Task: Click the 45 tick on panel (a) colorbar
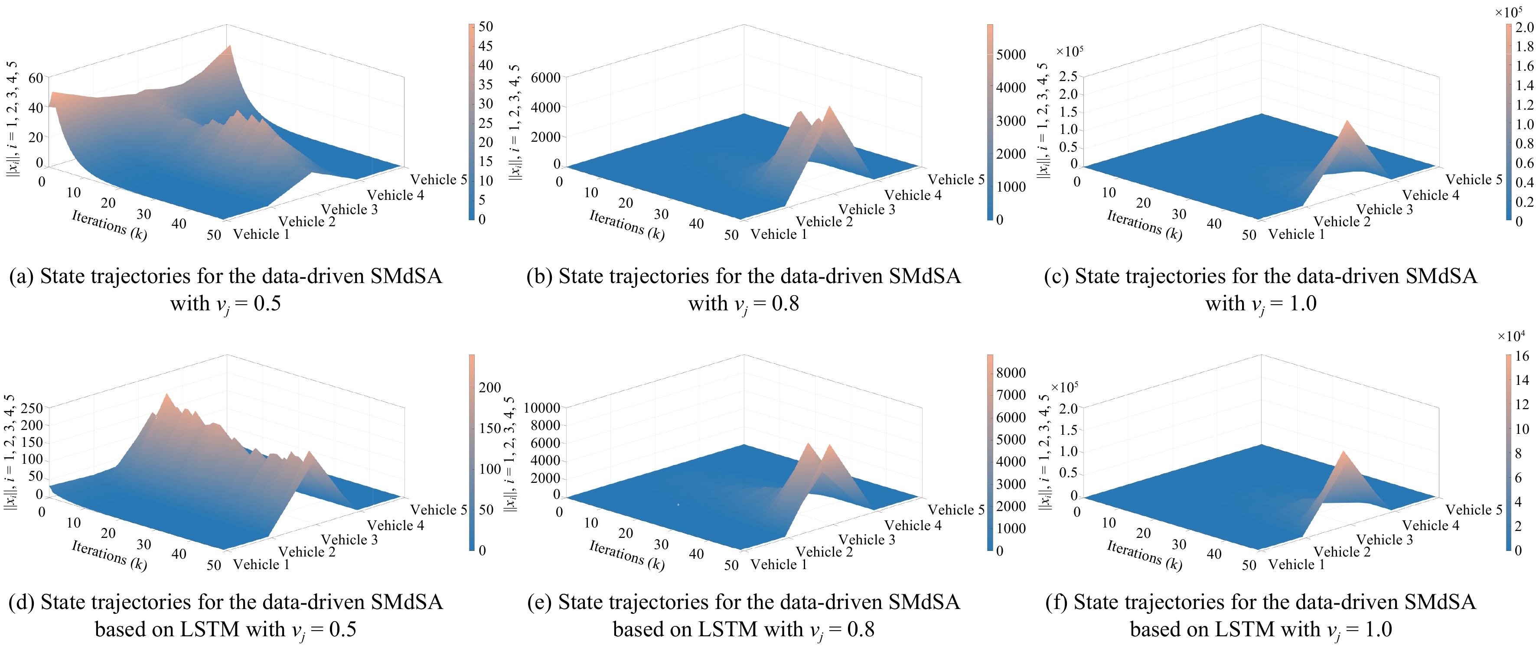click(x=486, y=46)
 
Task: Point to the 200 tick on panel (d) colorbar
click(x=489, y=387)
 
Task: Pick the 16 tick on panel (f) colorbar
click(x=1522, y=356)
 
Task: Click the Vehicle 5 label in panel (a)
click(x=438, y=179)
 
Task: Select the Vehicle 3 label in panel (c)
click(x=1385, y=209)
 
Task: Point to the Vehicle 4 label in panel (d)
click(x=395, y=525)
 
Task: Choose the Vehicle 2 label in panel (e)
click(x=824, y=552)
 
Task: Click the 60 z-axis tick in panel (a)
click(x=36, y=78)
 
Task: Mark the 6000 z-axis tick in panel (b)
click(x=545, y=78)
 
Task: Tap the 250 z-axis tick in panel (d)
click(x=32, y=408)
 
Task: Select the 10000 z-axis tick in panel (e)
click(x=542, y=408)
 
